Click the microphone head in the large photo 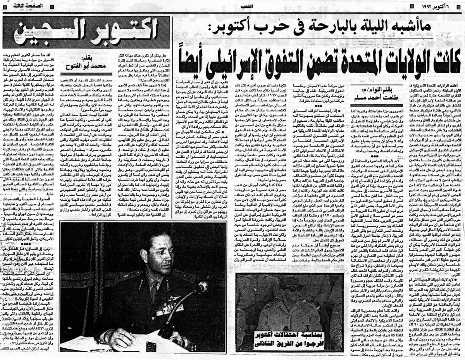point(201,287)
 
